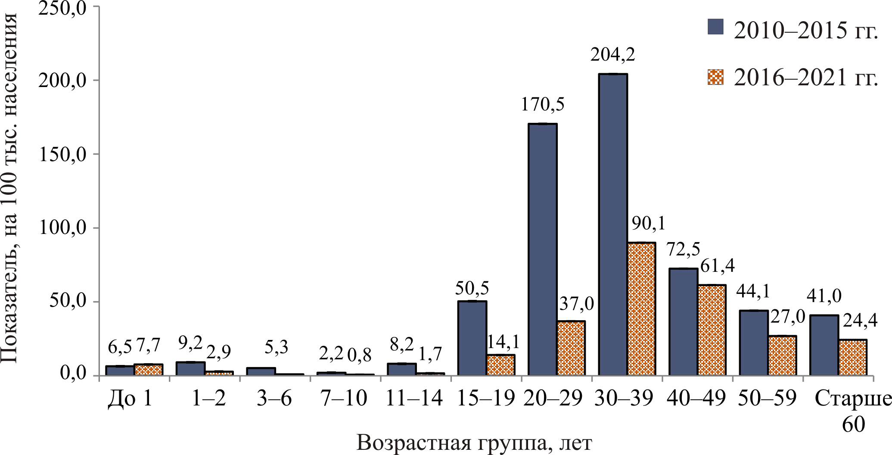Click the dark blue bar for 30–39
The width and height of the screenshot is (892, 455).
(613, 224)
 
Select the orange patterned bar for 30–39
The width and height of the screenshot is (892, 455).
(641, 309)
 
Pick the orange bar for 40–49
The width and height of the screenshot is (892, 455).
(712, 330)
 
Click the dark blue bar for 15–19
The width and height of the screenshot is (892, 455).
(472, 338)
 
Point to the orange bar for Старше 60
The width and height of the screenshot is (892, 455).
(852, 357)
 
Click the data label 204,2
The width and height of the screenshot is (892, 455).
(613, 55)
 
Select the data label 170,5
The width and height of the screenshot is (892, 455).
(543, 105)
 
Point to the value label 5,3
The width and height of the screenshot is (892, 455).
(276, 347)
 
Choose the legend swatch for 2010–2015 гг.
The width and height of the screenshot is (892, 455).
(716, 27)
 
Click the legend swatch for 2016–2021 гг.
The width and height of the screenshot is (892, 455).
(716, 77)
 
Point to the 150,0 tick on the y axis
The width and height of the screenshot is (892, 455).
(63, 154)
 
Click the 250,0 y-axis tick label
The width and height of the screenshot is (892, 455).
(63, 8)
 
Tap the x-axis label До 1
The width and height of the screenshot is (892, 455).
(131, 399)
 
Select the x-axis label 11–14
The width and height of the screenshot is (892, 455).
(414, 399)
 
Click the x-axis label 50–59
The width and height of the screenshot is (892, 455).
(767, 399)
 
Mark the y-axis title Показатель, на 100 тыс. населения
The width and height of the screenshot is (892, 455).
(9, 188)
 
